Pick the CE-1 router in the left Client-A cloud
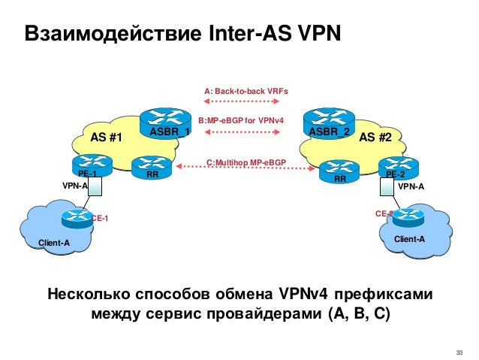coord(77,217)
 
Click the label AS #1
coord(106,138)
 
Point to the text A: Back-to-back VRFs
coord(246,91)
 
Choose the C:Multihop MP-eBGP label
coord(246,161)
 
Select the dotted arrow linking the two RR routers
coord(245,169)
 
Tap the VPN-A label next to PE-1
coord(74,184)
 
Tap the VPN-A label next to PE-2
coord(411,185)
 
